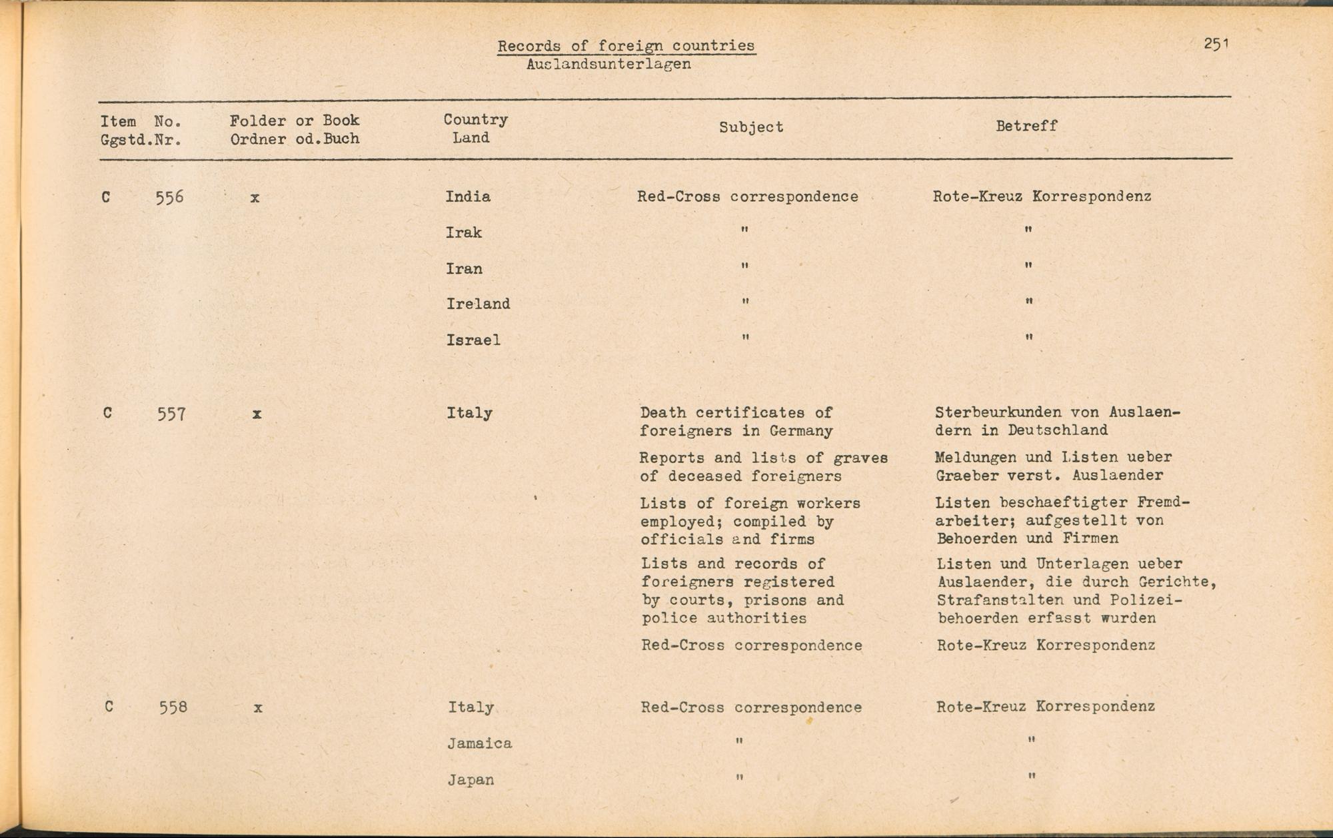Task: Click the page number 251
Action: pos(1216,44)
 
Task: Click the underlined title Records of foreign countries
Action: pos(626,46)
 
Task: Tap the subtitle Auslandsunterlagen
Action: pos(608,65)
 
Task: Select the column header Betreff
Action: pos(1026,126)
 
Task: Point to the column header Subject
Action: pos(751,127)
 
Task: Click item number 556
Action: pos(169,197)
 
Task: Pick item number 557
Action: pos(171,414)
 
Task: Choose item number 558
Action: pos(173,707)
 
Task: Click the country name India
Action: pos(468,197)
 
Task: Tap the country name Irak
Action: pos(463,232)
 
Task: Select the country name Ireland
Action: pos(478,304)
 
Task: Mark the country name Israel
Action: pos(473,340)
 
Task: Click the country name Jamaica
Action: pos(479,743)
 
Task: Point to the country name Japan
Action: pos(471,779)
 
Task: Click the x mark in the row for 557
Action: pos(257,414)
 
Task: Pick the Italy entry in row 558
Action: pos(471,707)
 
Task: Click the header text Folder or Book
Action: pos(295,121)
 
